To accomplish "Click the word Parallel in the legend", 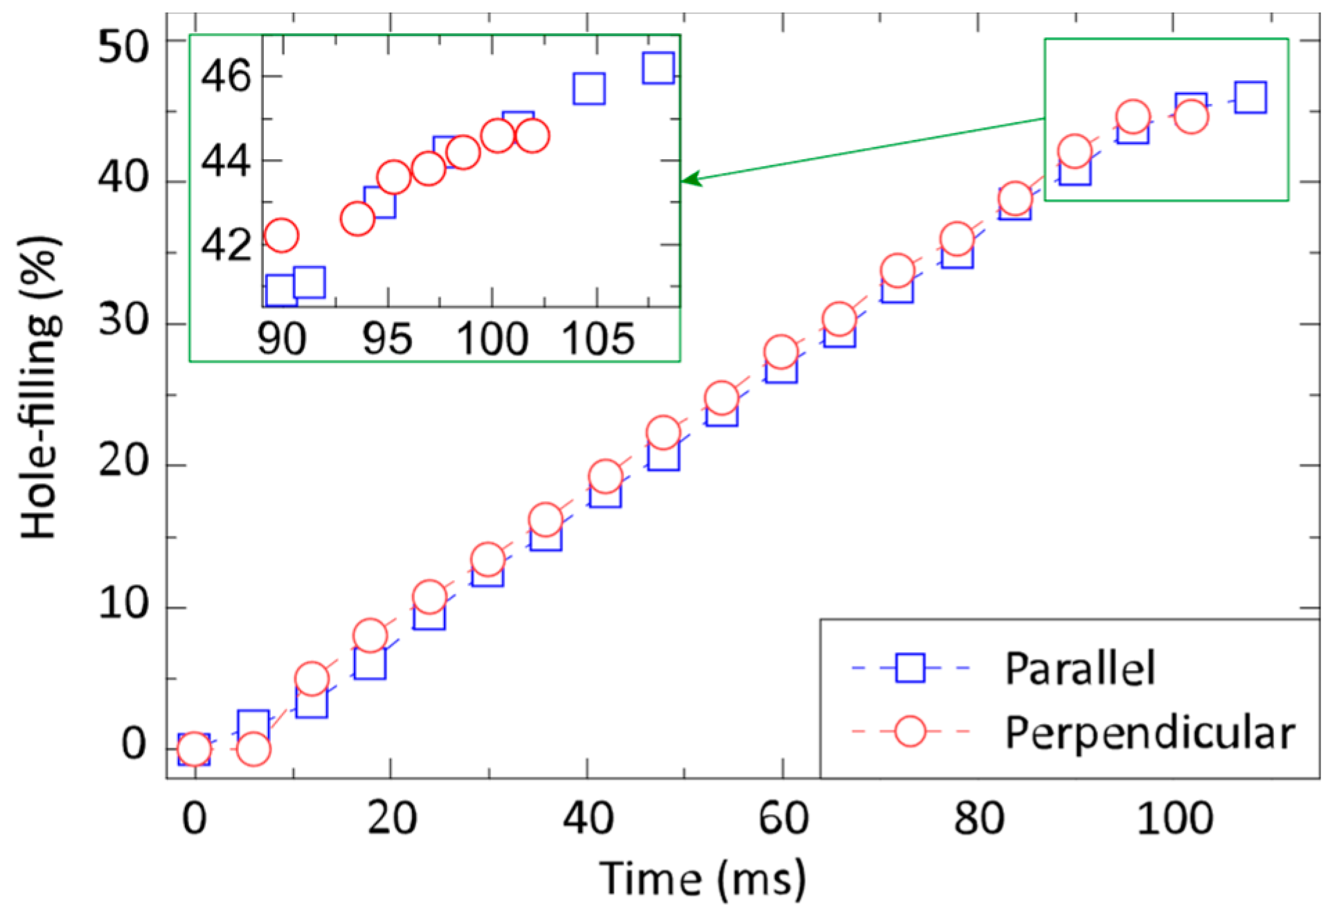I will coord(1079,669).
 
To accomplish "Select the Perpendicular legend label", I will coord(1149,733).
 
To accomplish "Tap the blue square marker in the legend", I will coord(910,668).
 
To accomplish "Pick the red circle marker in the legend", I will coord(910,731).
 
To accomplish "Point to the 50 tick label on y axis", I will coord(123,48).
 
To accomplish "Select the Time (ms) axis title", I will coord(702,879).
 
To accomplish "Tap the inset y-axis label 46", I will coord(226,76).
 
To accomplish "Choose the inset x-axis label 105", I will coord(597,339).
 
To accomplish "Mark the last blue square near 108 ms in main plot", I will coord(1250,97).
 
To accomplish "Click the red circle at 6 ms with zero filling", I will coord(253,749).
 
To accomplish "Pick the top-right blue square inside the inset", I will coord(658,67).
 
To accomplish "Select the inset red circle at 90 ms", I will coord(281,235).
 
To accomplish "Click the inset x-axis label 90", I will coord(282,339).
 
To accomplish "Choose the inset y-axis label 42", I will coord(226,245).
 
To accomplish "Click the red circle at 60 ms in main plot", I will coord(781,352).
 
